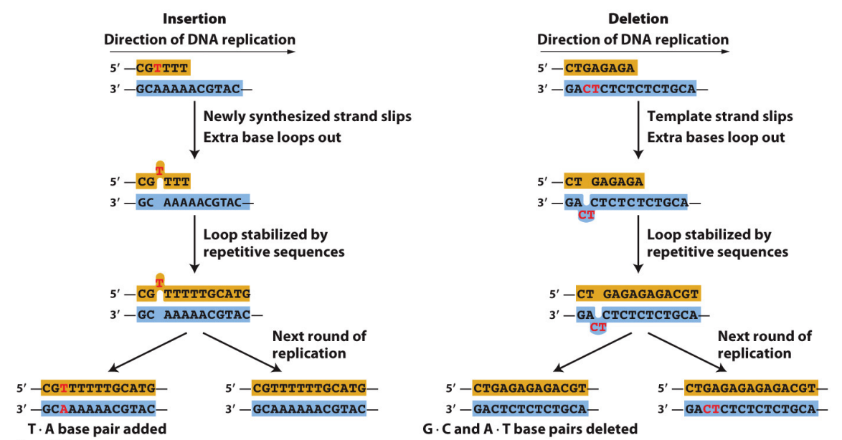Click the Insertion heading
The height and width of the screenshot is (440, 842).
point(193,19)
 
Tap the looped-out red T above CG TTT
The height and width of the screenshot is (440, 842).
point(159,171)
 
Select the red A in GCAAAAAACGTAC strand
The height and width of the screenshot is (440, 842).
point(64,409)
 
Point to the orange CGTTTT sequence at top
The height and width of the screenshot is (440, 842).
point(164,69)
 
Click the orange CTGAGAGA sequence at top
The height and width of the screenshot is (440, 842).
point(600,69)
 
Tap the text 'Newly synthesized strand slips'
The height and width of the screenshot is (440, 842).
point(307,116)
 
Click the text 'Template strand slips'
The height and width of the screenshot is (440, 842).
point(719,116)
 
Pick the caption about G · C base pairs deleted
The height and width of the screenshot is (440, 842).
point(530,429)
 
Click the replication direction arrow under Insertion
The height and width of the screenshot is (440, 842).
point(199,52)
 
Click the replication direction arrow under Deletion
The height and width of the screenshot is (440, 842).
point(634,52)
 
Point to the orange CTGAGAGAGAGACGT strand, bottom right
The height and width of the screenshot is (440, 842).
point(750,388)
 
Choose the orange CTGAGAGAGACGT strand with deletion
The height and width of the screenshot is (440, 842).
point(530,388)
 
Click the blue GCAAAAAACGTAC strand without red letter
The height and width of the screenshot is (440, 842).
point(309,409)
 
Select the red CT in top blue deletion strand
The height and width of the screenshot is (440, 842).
point(590,90)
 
